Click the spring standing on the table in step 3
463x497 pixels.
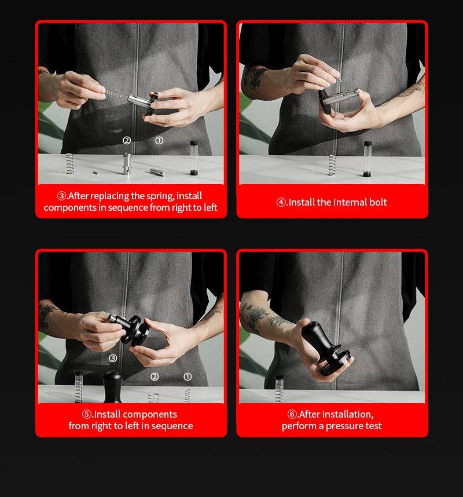coord(69,163)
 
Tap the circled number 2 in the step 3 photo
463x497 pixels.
coord(127,140)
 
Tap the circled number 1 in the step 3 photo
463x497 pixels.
coord(159,140)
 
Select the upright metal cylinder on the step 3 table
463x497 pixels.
coord(127,163)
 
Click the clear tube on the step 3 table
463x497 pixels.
coord(194,158)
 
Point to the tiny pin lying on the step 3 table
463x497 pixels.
coord(95,173)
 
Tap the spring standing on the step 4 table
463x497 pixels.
coord(332,165)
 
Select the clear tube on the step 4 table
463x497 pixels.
coord(368,159)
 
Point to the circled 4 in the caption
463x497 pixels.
coord(281,202)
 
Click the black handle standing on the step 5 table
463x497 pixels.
coord(113,387)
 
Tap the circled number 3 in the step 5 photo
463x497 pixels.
coord(113,358)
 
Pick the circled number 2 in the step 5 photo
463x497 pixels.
coord(155,377)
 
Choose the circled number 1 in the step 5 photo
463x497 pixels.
coord(188,377)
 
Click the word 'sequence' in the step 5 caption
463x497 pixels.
coord(172,426)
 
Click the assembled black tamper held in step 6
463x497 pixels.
coord(326,348)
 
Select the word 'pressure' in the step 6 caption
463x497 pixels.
coord(344,426)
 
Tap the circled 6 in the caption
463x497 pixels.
coord(292,414)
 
